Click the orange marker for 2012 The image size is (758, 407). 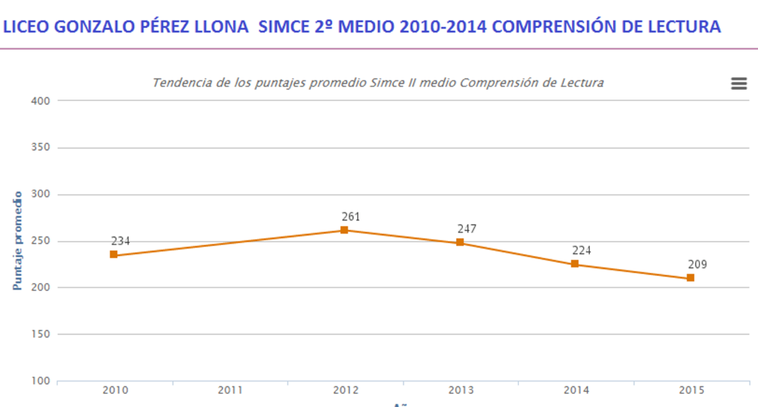[x=344, y=230]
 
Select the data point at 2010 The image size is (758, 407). [x=113, y=255]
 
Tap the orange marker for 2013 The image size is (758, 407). [x=460, y=242]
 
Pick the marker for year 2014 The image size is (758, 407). [x=575, y=264]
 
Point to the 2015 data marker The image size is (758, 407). [x=690, y=278]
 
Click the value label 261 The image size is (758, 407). [x=351, y=217]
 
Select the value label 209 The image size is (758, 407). [x=697, y=264]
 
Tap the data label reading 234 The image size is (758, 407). [x=120, y=241]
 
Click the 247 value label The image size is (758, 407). [x=466, y=229]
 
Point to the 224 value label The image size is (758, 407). [x=581, y=250]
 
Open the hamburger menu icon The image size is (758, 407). [x=739, y=84]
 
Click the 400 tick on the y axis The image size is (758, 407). [x=41, y=101]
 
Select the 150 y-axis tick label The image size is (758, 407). [x=41, y=334]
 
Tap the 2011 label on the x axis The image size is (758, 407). [x=230, y=390]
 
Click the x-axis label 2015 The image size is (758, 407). [x=691, y=390]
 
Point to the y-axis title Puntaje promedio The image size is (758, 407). [x=18, y=241]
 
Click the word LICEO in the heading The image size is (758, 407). [x=26, y=27]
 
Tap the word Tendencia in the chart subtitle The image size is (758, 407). [x=182, y=83]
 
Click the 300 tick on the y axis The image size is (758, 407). [x=41, y=194]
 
